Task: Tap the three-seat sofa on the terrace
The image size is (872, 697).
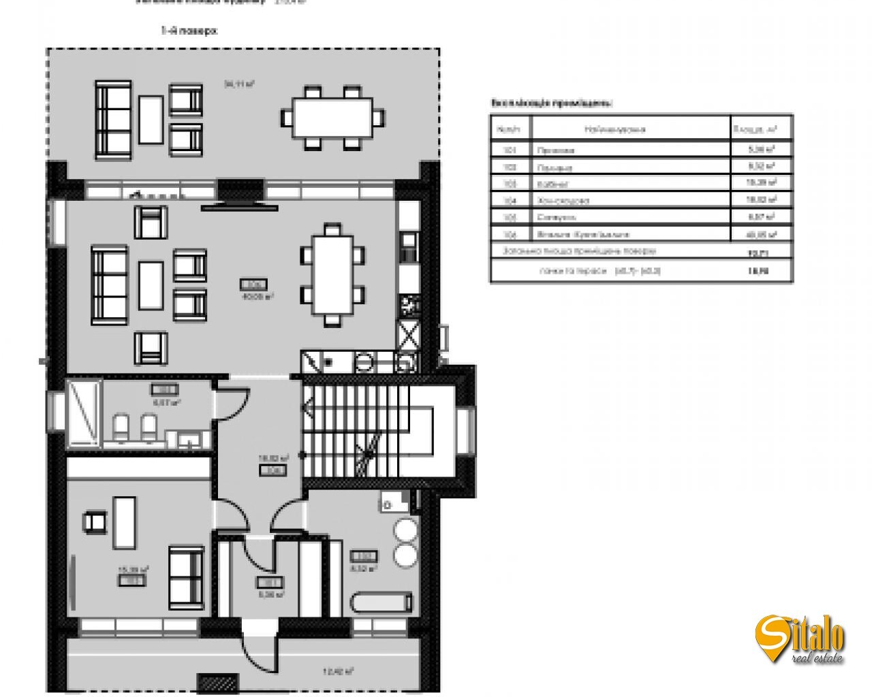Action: (113, 120)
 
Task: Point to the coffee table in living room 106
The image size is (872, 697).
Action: (151, 285)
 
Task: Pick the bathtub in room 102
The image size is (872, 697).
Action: (381, 602)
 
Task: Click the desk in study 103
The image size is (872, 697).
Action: (124, 522)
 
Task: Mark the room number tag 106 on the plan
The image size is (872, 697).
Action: (252, 285)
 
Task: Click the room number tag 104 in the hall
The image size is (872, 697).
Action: (275, 470)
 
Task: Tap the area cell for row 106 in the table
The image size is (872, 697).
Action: (761, 234)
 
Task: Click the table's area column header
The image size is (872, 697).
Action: (761, 128)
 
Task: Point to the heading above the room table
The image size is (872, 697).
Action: (551, 103)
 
